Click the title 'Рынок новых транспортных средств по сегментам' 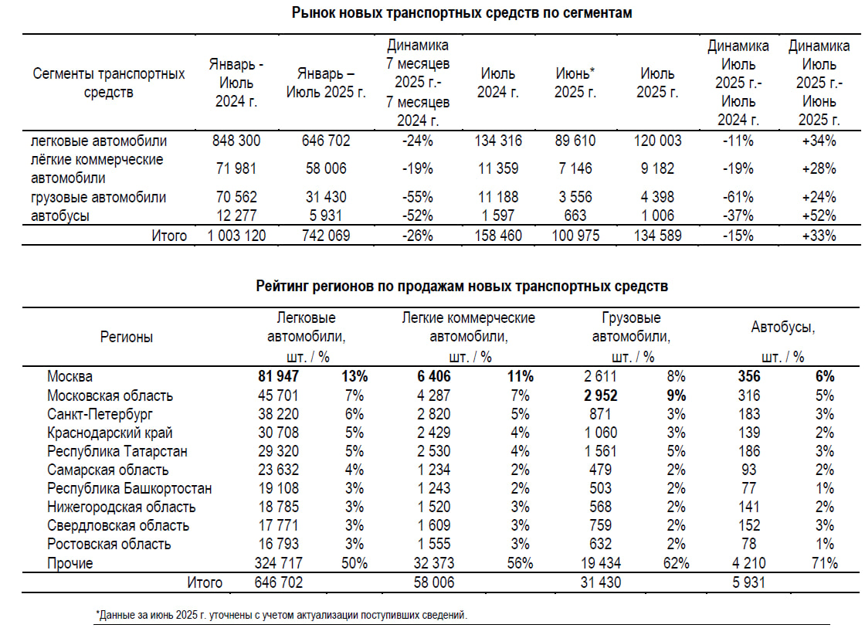tap(462, 13)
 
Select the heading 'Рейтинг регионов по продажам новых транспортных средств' tap(462, 287)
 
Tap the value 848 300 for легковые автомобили tap(236, 141)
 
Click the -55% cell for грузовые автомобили tap(418, 198)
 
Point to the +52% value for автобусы tap(819, 216)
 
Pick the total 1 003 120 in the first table tap(236, 236)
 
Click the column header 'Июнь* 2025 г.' tap(575, 83)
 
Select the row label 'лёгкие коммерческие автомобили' tap(97, 168)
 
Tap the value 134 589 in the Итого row tap(657, 236)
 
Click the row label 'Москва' tap(70, 377)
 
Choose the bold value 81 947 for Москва tap(278, 377)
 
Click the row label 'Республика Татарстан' tap(117, 451)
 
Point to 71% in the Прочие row tap(824, 563)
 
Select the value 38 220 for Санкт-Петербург tap(278, 414)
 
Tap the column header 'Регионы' tap(127, 337)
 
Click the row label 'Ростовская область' tap(110, 544)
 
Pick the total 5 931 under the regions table tap(748, 582)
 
